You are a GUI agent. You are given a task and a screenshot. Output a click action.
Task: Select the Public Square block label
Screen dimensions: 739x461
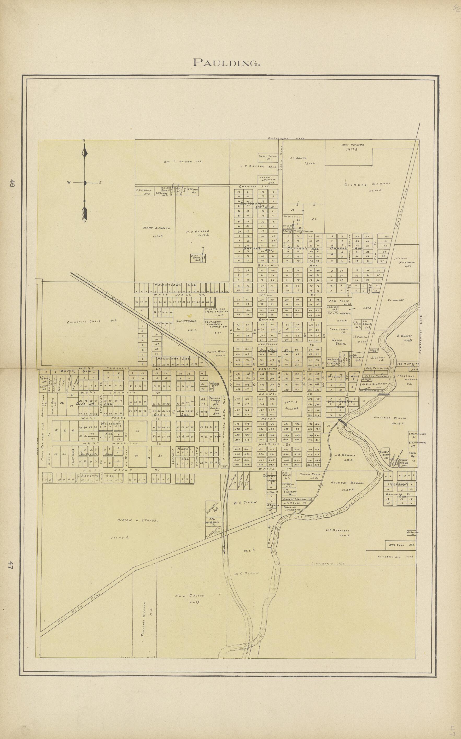pos(292,405)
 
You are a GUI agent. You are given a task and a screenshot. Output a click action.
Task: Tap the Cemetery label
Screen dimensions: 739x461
pos(396,300)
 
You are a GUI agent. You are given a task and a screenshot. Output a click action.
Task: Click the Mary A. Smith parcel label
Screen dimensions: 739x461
pos(153,228)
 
